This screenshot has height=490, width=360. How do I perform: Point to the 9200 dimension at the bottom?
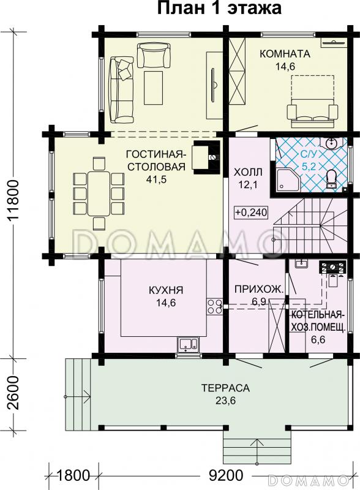217,475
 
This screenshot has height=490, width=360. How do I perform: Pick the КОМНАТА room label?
285,53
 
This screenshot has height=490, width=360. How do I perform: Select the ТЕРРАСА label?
225,388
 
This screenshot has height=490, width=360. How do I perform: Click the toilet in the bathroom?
331,178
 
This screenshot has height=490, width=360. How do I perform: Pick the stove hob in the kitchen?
215,306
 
